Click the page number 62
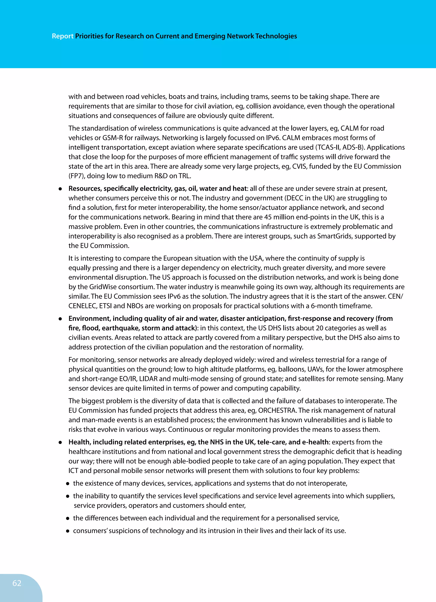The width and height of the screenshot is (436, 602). click(x=17, y=583)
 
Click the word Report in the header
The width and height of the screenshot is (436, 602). click(x=63, y=36)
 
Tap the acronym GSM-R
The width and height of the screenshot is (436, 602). click(x=113, y=138)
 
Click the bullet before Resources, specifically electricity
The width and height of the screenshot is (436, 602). click(x=60, y=189)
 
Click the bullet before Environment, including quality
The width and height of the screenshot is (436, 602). click(x=60, y=319)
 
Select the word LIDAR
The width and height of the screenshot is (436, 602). click(x=148, y=379)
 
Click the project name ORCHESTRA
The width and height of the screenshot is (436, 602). click(x=277, y=410)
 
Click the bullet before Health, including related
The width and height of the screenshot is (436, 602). click(x=60, y=442)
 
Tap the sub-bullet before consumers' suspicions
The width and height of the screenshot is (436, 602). click(x=68, y=531)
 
